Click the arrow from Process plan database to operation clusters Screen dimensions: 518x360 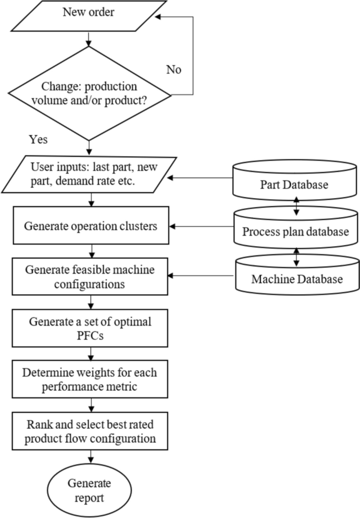pyautogui.click(x=202, y=227)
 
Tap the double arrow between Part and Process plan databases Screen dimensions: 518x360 pyautogui.click(x=296, y=206)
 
